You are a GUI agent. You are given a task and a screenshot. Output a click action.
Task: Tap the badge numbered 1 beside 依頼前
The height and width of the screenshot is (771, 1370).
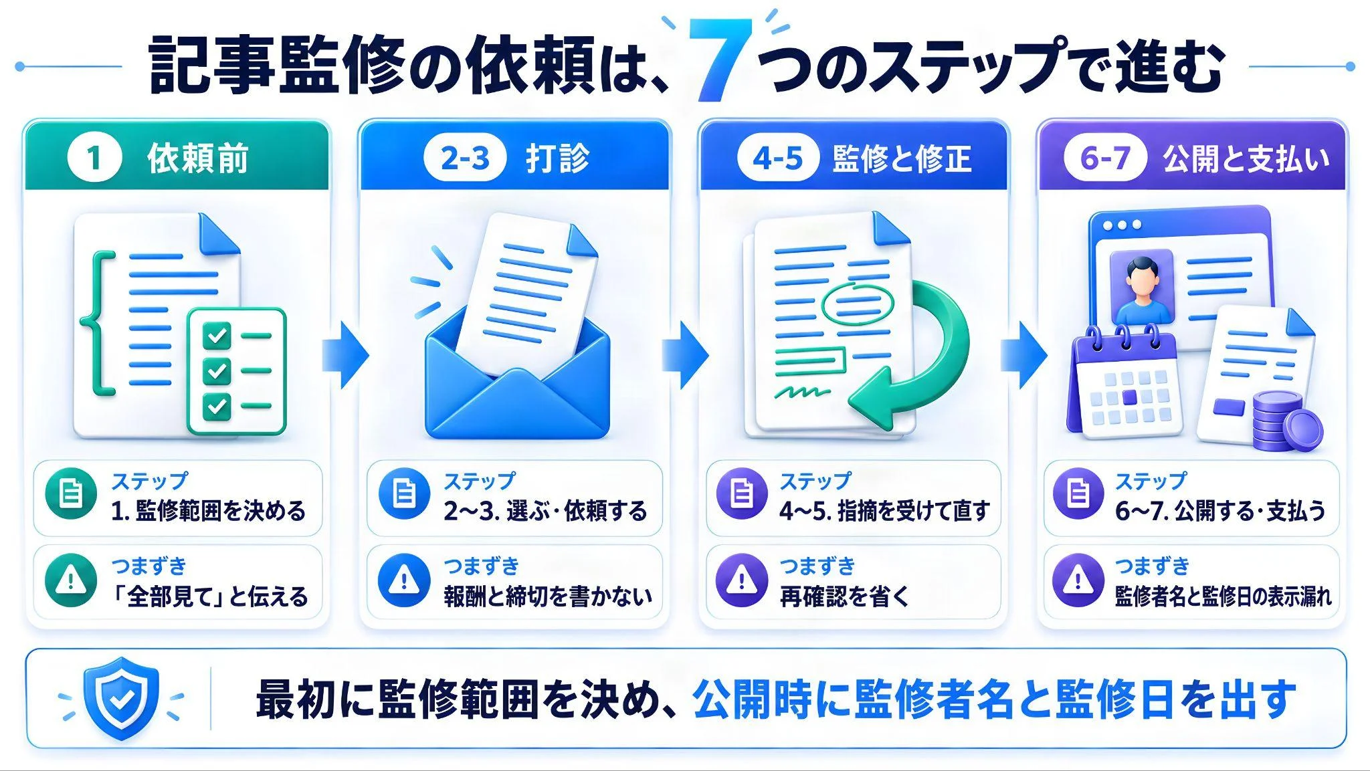(94, 158)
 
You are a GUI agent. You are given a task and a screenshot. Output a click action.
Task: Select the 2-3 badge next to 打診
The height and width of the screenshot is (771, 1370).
(465, 158)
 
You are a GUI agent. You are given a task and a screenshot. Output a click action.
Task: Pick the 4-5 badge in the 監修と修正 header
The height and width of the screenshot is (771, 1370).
(777, 158)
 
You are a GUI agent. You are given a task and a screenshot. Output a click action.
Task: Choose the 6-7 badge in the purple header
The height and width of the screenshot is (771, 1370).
(1105, 158)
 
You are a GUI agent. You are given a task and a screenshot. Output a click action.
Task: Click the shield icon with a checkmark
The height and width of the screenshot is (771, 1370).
(121, 697)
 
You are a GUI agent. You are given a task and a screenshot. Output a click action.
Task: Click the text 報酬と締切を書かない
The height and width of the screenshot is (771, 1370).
(548, 596)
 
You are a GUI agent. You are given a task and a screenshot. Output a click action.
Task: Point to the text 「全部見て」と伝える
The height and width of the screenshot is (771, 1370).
(209, 596)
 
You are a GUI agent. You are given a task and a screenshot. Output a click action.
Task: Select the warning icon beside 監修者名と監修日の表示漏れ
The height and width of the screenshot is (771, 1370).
(1078, 579)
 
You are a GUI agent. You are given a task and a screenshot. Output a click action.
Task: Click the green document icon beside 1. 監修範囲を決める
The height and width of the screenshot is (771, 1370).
(70, 493)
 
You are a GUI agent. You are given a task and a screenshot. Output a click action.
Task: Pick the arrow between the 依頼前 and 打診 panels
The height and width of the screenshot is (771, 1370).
(345, 354)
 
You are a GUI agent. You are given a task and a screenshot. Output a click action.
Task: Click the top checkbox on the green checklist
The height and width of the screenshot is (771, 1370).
(216, 335)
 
